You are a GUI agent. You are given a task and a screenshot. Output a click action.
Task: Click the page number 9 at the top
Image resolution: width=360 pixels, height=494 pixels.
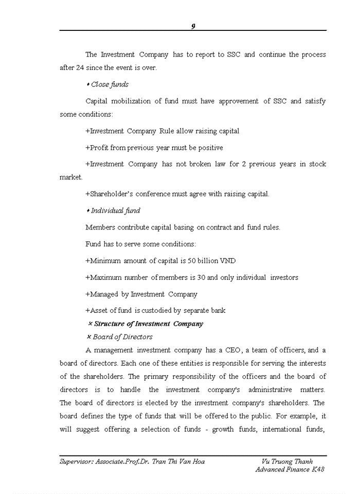pos(193,26)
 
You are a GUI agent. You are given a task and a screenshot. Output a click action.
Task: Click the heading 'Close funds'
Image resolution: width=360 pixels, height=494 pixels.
pos(110,84)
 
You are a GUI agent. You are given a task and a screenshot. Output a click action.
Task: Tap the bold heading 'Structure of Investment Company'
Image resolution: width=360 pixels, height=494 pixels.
pos(149,324)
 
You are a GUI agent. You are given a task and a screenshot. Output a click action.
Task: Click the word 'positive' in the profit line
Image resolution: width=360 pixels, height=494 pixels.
pos(210,148)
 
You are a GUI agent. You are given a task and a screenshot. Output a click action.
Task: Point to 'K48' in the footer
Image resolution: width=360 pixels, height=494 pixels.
pos(318,470)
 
